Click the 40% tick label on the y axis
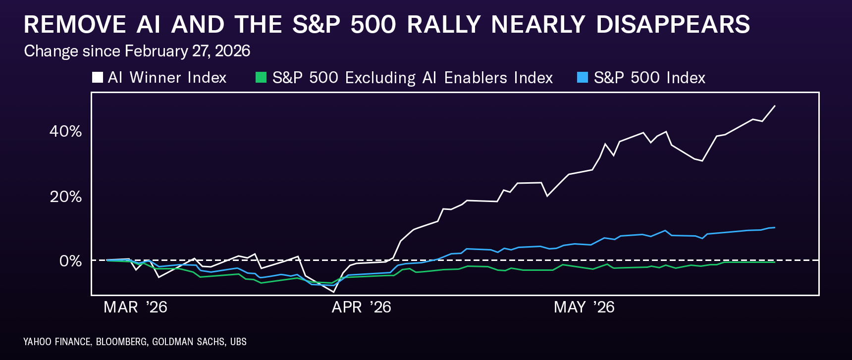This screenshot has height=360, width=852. pyautogui.click(x=65, y=131)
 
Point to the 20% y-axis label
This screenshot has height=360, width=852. pyautogui.click(x=65, y=197)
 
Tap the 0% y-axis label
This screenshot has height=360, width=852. pyautogui.click(x=70, y=261)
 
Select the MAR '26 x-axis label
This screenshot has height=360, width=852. pyautogui.click(x=135, y=308)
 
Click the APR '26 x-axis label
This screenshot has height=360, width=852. pyautogui.click(x=361, y=308)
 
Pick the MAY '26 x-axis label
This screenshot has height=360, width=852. pyautogui.click(x=584, y=308)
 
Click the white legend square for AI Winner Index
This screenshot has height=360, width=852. pyautogui.click(x=98, y=77)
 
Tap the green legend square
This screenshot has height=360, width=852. pyautogui.click(x=261, y=77)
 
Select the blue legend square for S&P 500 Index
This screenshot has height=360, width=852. pyautogui.click(x=583, y=77)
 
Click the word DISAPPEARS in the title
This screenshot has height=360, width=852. pyautogui.click(x=673, y=25)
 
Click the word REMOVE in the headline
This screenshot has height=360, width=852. pyautogui.click(x=75, y=25)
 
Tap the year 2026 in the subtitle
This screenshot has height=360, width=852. pyautogui.click(x=233, y=51)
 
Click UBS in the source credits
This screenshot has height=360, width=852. pyautogui.click(x=238, y=342)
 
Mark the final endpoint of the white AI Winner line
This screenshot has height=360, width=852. pyautogui.click(x=775, y=106)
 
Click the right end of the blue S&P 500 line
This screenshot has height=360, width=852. pyautogui.click(x=775, y=228)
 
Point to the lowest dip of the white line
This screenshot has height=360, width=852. pyautogui.click(x=333, y=292)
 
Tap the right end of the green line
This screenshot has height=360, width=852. pyautogui.click(x=775, y=262)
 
